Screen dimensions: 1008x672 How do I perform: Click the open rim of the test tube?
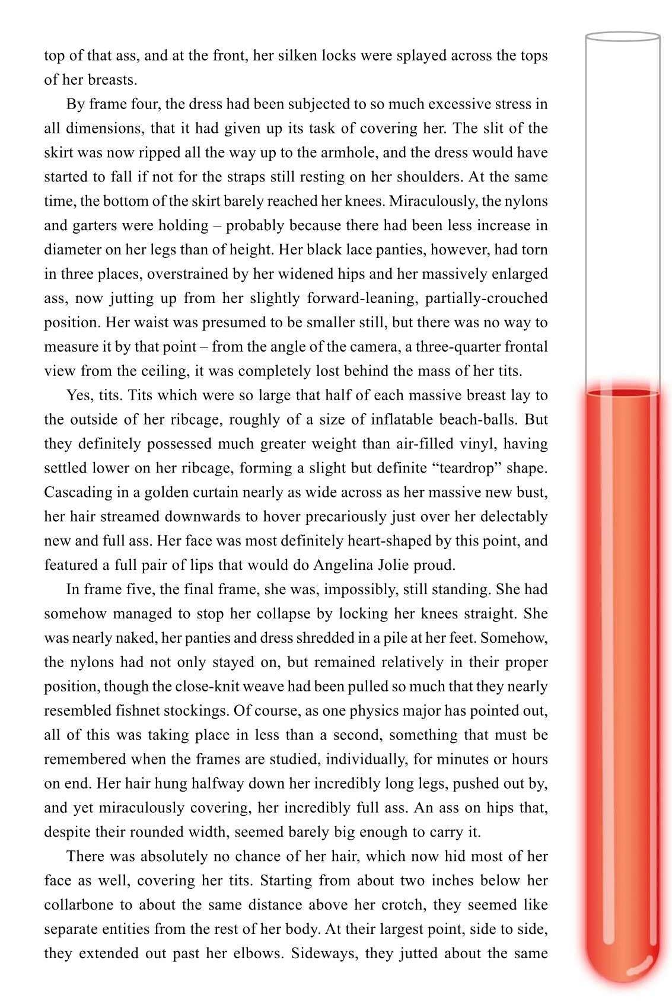click(623, 37)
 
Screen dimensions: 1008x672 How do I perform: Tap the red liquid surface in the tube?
click(623, 393)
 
